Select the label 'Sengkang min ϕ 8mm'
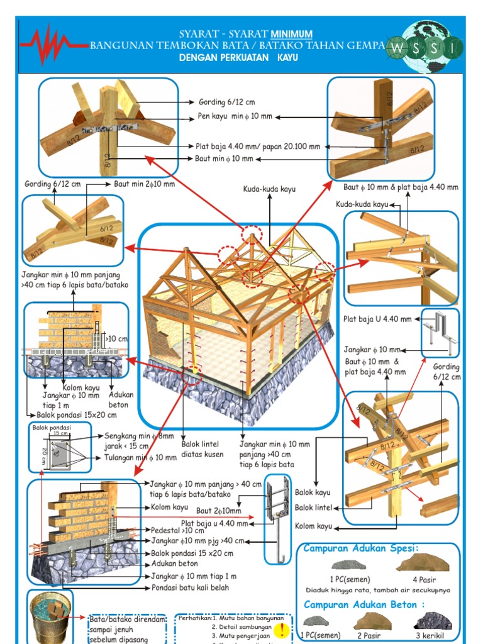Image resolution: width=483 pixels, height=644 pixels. (140, 435)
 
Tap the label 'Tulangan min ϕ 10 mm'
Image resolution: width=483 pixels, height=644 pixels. (140, 457)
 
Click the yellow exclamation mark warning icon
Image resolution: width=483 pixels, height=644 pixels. (283, 629)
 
